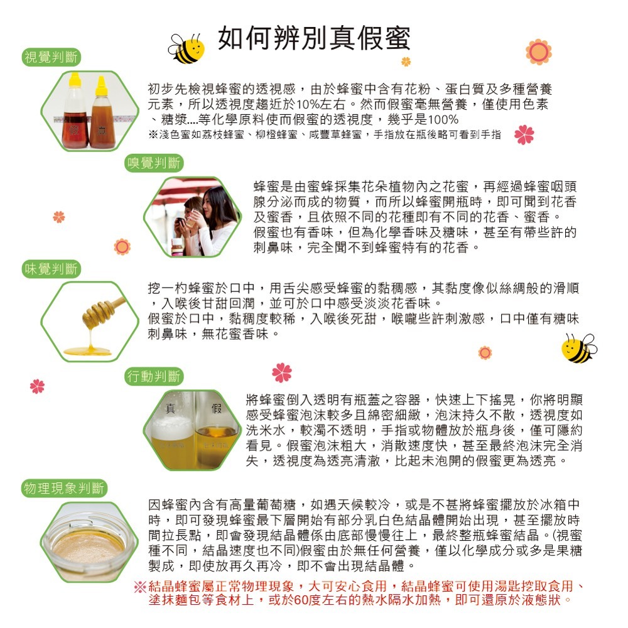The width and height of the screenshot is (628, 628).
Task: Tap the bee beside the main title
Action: (x=187, y=49)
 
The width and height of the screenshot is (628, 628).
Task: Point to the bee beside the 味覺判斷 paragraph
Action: (x=578, y=349)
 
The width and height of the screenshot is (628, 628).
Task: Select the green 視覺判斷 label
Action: (x=51, y=58)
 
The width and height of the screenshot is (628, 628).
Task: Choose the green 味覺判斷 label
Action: (x=51, y=269)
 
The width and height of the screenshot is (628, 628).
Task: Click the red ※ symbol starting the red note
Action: (x=139, y=588)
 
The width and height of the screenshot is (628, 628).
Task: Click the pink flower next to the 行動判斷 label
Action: (x=282, y=373)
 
